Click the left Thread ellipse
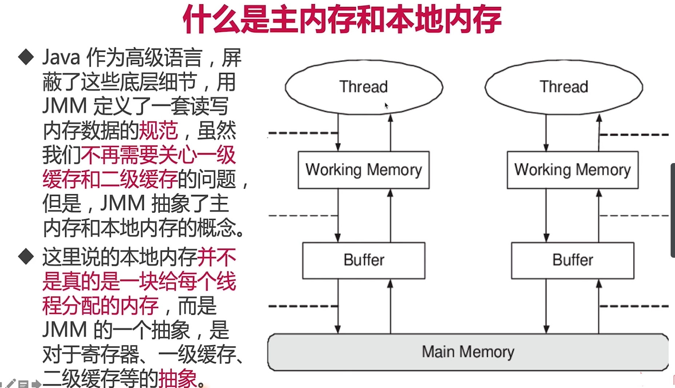click(x=364, y=87)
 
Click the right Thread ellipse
click(x=564, y=87)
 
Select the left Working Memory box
click(x=364, y=170)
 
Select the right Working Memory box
click(x=572, y=170)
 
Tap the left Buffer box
click(x=364, y=261)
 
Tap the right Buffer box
click(x=572, y=261)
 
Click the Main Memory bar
click(x=468, y=352)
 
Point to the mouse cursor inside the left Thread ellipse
click(x=386, y=106)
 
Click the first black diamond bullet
click(x=26, y=57)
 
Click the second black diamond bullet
click(x=26, y=257)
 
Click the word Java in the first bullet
click(x=61, y=58)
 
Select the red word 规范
click(x=159, y=131)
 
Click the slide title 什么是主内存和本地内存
click(x=342, y=19)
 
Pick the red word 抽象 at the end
click(x=178, y=379)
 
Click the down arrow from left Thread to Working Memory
click(x=338, y=133)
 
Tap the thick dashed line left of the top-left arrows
click(x=302, y=133)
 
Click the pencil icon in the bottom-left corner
click(x=11, y=383)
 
